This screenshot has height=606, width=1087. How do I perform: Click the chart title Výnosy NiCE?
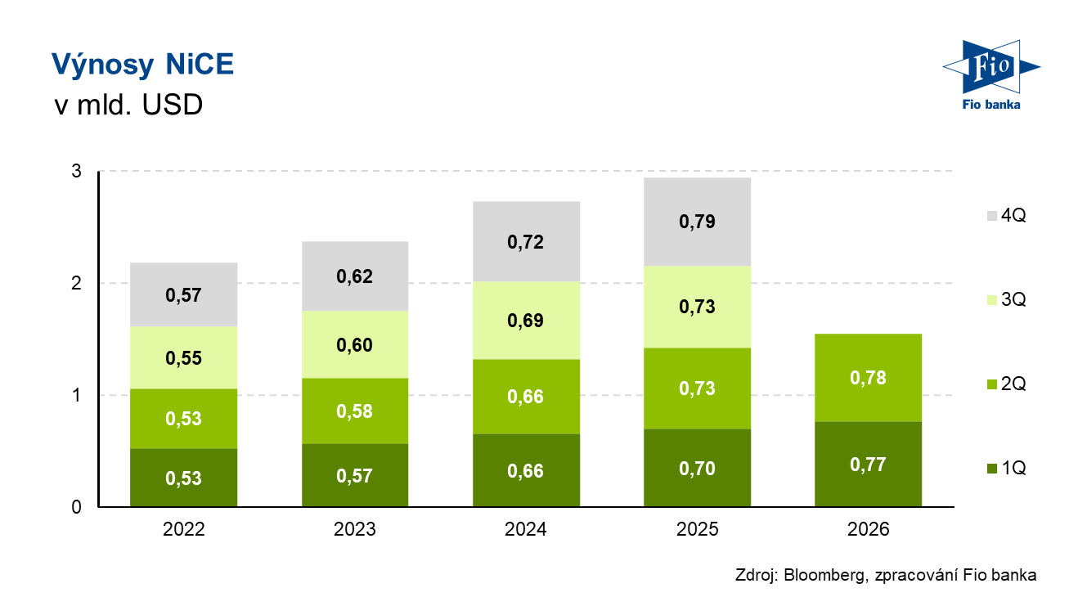[142, 64]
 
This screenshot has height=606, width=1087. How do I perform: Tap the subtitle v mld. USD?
[128, 105]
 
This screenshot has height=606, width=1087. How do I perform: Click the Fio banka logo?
[991, 75]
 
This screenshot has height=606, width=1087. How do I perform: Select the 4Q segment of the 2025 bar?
[698, 222]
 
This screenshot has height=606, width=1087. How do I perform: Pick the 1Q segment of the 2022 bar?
[183, 478]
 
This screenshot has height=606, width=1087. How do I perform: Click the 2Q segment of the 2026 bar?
[868, 378]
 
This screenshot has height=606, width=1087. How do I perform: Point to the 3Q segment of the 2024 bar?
[526, 321]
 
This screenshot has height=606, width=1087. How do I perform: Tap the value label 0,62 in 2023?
[354, 276]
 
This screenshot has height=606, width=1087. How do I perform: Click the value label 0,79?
[697, 222]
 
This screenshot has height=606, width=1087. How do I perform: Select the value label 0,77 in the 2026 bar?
[868, 465]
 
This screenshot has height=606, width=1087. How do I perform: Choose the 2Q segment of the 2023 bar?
[355, 411]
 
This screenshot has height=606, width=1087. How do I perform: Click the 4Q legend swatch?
[992, 216]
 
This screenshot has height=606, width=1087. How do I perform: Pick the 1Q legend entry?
[1007, 469]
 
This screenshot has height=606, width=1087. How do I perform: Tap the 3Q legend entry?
[1007, 300]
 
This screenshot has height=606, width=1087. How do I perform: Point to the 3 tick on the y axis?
[77, 171]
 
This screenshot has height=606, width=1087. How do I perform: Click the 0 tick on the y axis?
[77, 508]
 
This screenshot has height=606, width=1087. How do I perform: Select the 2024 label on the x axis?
[526, 529]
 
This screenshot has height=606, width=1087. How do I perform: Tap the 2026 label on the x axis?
[868, 529]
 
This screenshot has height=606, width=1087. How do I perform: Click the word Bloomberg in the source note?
[824, 576]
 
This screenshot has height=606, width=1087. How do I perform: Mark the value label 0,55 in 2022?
[183, 358]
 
